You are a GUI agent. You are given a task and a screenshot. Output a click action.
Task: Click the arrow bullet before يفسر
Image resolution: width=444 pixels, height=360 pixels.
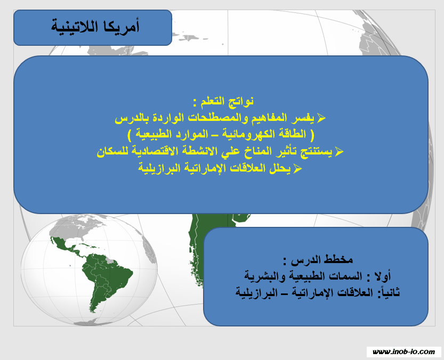coord(321,118)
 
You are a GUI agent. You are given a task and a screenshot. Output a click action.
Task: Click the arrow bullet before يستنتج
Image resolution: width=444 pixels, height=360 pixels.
coord(338,151)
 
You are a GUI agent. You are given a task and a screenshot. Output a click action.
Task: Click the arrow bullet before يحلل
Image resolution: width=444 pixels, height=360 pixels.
coord(297,168)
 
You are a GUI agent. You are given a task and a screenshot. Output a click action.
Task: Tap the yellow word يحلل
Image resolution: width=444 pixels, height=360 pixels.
coord(280,168)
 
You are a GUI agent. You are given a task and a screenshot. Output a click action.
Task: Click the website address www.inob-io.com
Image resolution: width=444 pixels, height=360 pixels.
coord(404,352)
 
